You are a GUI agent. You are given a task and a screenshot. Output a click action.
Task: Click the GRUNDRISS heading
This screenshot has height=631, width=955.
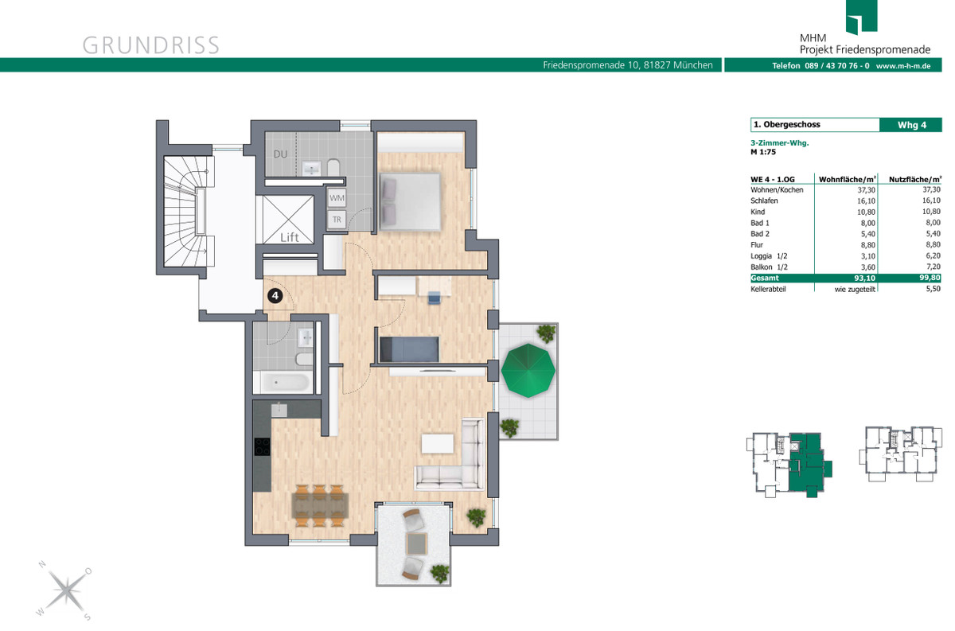pos(151,45)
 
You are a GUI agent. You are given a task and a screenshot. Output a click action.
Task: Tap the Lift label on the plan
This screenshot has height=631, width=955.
pos(290,237)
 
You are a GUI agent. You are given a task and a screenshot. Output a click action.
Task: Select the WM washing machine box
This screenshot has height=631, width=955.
pos(337,198)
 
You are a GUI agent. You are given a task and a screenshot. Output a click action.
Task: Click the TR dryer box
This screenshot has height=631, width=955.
pos(337,220)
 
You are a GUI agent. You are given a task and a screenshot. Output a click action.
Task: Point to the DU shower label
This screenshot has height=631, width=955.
pos(280,154)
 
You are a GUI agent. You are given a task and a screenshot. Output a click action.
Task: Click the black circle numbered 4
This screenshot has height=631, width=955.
pos(275,296)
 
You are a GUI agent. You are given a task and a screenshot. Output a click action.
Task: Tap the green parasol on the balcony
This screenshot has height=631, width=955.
pos(528,371)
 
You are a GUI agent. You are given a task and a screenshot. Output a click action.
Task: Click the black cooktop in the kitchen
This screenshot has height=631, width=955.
pos(262,447)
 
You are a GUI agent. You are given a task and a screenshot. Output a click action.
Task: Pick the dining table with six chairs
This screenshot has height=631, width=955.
pos(320,505)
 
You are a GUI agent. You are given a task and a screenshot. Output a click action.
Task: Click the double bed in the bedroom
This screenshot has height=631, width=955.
pos(410,201)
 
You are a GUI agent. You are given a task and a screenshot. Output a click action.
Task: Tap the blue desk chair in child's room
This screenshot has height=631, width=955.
pos(434,298)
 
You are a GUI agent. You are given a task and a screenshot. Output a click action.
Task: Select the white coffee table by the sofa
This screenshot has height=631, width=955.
pos(438,443)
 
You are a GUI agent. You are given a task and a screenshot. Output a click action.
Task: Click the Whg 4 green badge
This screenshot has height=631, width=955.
pos(910,125)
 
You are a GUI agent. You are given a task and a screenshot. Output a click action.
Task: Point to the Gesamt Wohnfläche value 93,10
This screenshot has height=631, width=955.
pos(864,278)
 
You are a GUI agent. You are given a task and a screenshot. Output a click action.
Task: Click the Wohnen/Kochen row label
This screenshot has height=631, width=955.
pos(777,190)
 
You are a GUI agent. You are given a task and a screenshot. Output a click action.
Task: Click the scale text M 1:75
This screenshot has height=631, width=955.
pos(763,152)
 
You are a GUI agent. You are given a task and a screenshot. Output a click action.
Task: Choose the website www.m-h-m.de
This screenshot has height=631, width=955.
pos(903,66)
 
